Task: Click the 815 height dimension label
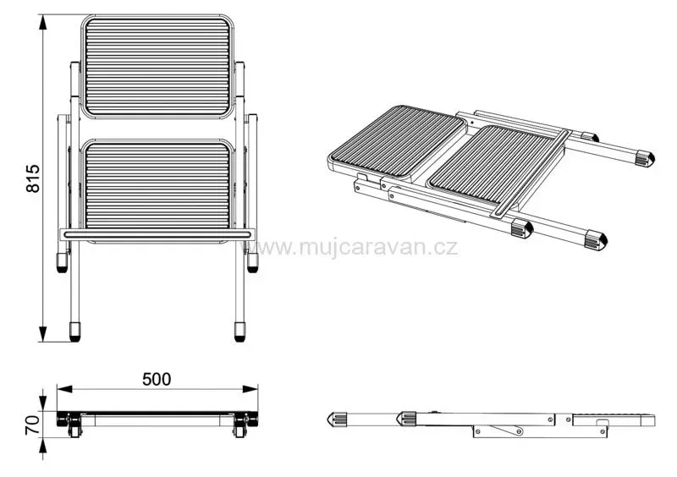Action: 33,178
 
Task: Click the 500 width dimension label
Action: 157,379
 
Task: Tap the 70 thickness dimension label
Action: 33,425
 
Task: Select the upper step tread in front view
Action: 157,67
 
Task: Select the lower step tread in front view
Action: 157,190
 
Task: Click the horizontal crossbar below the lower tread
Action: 157,235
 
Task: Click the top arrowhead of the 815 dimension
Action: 43,22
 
